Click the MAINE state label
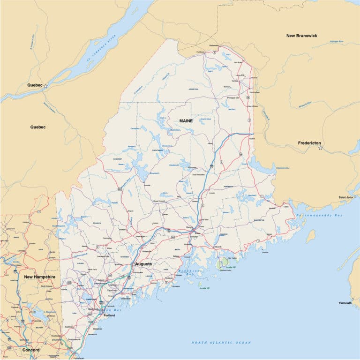pyautogui.click(x=186, y=120)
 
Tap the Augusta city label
pyautogui.click(x=143, y=264)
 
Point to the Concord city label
pyautogui.click(x=31, y=350)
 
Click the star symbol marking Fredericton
pyautogui.click(x=321, y=148)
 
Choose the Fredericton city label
pyautogui.click(x=309, y=142)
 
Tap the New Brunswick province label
pyautogui.click(x=301, y=36)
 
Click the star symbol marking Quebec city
pyautogui.click(x=45, y=86)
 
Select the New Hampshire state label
pyautogui.click(x=40, y=277)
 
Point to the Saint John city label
pyautogui.click(x=346, y=197)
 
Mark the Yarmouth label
pyautogui.click(x=345, y=303)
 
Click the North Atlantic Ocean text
pyautogui.click(x=221, y=343)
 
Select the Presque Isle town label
pyautogui.click(x=233, y=97)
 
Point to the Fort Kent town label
pyautogui.click(x=200, y=52)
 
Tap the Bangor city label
pyautogui.click(x=189, y=228)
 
